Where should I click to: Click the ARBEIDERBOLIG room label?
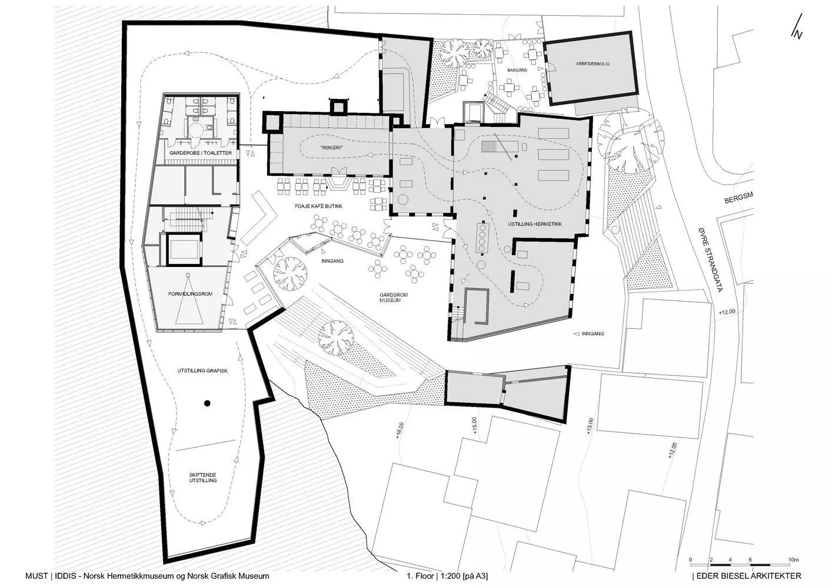pos(593,64)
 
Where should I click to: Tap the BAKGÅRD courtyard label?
pos(517,70)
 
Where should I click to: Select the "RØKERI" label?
pos(331,148)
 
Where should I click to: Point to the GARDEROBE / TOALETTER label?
pos(201,153)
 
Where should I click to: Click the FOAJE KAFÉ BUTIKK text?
pos(319,206)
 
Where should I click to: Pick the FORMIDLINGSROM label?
pos(190,294)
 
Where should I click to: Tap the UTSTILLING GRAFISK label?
pos(202,371)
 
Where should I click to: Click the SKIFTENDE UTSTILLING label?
pos(203,477)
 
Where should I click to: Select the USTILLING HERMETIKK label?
pos(535,224)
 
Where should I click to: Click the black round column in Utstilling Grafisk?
pos(207,403)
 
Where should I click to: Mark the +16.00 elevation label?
pos(400,430)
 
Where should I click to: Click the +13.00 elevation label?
pos(591,426)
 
